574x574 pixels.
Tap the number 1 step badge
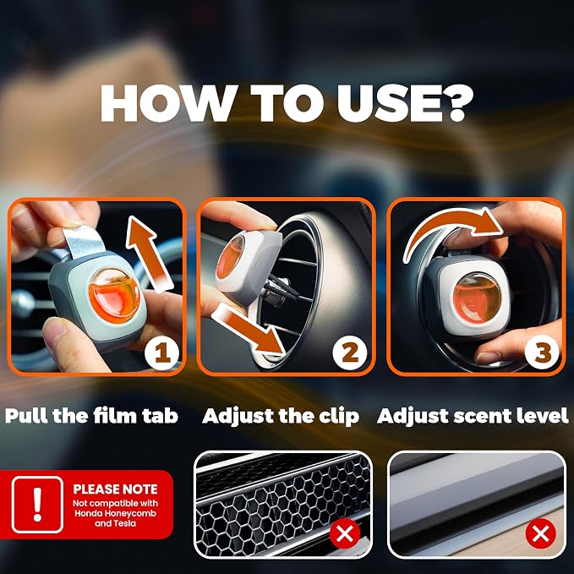coord(161,353)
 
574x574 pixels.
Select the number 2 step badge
coord(350,353)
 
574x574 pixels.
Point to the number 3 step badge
coord(542,353)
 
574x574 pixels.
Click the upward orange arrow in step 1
coord(149,254)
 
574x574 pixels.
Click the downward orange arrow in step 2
coord(249,330)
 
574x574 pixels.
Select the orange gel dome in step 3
coord(477,298)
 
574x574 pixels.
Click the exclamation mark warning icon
coord(37,505)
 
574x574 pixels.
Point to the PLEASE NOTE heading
coord(115,489)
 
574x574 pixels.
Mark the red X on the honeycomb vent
coord(344,533)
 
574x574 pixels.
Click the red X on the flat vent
coord(541,533)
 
